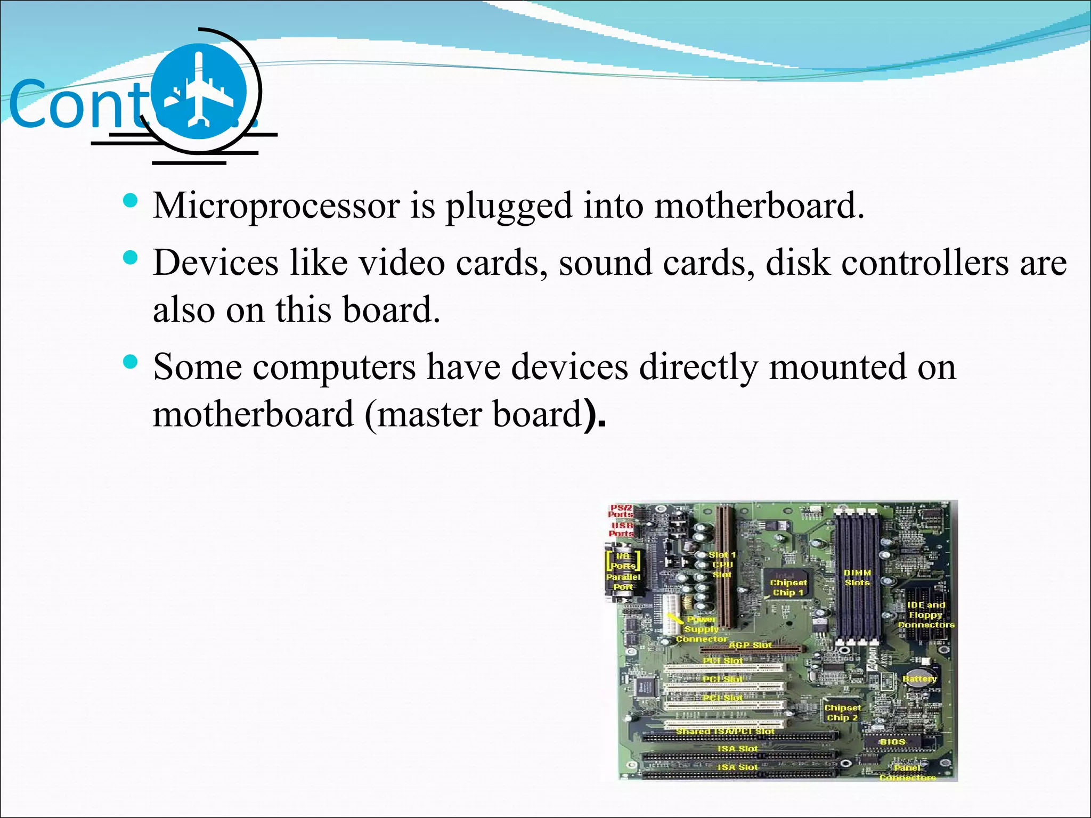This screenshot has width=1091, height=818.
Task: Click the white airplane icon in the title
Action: coord(198,91)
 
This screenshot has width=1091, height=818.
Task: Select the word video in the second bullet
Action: coord(401,263)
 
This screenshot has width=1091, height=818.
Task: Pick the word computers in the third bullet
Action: coord(334,367)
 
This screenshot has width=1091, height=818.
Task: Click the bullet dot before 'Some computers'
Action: coord(131,363)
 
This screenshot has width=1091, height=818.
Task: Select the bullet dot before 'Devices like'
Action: coord(131,258)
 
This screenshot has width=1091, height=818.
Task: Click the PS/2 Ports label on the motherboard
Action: coord(621,511)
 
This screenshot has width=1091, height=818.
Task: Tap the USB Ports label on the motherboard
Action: coord(621,529)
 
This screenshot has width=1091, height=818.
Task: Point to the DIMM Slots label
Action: coord(857,578)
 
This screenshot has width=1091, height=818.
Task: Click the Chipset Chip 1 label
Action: coord(788,587)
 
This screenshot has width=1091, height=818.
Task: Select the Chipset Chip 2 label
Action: coord(842,713)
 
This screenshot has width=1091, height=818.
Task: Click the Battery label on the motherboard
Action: coord(919,679)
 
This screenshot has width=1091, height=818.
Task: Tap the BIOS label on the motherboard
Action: coord(892,742)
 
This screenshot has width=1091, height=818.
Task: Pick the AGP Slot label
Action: coord(750,645)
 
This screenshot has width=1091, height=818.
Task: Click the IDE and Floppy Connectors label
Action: coord(926,615)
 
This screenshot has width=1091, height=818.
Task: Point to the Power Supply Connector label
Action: coord(702,629)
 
